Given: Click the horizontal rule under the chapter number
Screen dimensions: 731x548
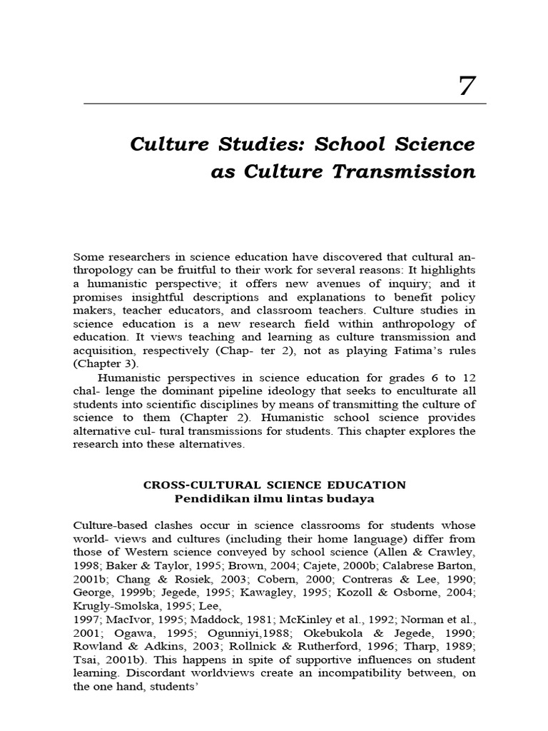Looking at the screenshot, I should (285, 104).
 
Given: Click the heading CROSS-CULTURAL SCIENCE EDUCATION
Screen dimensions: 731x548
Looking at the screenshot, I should (275, 485).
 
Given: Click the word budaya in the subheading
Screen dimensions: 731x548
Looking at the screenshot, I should (352, 498).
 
